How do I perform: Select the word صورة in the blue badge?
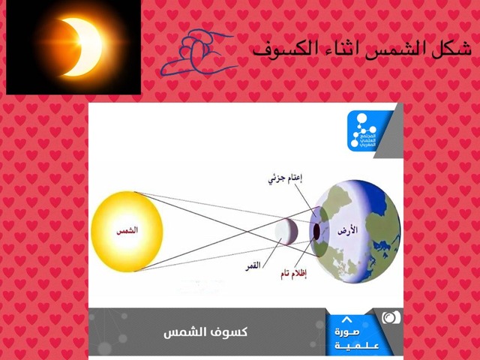pyautogui.click(x=352, y=331)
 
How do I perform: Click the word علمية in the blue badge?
pyautogui.click(x=352, y=345)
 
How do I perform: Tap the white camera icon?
pyautogui.click(x=391, y=317)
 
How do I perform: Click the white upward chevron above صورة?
pyautogui.click(x=346, y=319)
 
